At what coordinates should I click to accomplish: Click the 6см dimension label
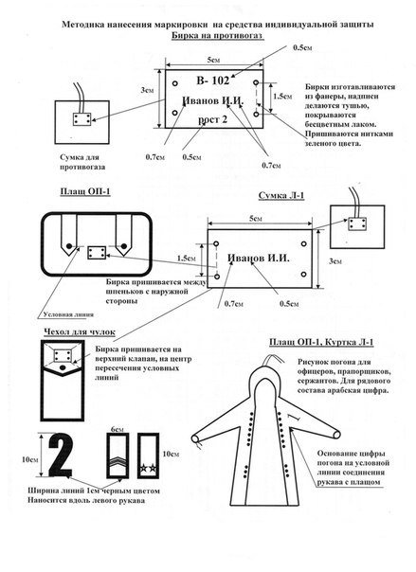[x=118, y=429]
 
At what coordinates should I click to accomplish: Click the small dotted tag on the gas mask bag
[x=81, y=120]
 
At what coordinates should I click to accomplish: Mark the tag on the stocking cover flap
[x=64, y=357]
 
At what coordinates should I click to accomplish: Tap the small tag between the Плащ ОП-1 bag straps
[x=96, y=254]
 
